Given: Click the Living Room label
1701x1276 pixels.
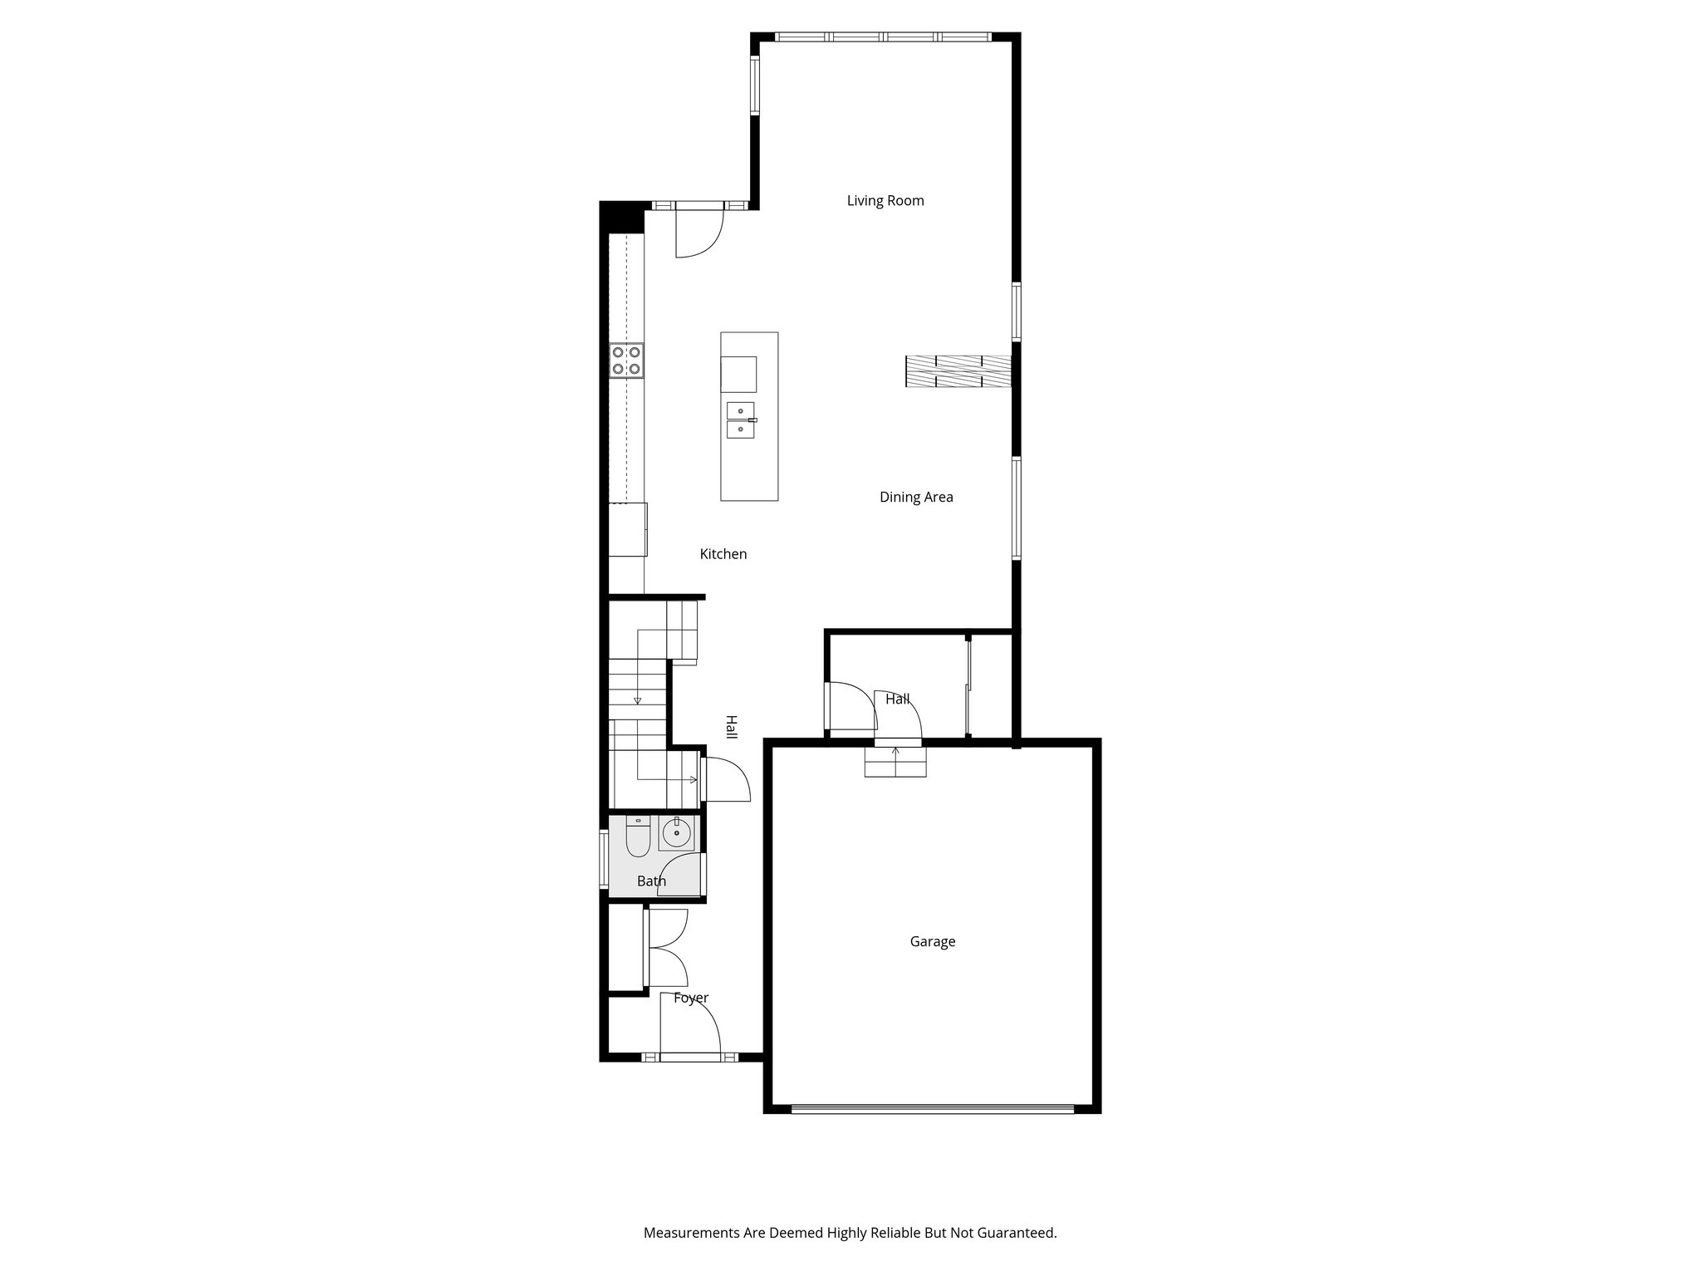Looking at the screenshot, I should tap(885, 200).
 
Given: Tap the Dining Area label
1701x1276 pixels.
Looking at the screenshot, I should tap(916, 497).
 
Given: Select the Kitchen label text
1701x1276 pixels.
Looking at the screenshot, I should tap(723, 554).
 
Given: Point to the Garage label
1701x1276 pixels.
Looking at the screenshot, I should tap(932, 941).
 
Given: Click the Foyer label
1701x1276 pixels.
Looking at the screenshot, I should tap(690, 998).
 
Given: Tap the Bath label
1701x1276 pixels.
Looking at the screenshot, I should tap(651, 881).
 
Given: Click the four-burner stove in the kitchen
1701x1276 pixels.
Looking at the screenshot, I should tap(626, 361).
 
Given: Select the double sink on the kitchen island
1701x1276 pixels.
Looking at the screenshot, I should tap(741, 420).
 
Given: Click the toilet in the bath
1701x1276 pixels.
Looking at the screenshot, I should tap(638, 837).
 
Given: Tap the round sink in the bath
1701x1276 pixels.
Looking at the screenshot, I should tap(677, 832).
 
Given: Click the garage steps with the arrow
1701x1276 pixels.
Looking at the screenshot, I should tap(895, 761).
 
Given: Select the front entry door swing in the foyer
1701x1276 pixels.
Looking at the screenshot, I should tap(689, 1024).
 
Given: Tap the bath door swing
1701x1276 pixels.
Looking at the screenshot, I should tap(681, 875).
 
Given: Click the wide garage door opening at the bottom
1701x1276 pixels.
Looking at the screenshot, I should tap(932, 1107).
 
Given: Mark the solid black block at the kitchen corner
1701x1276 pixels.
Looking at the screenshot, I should tap(621, 217).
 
